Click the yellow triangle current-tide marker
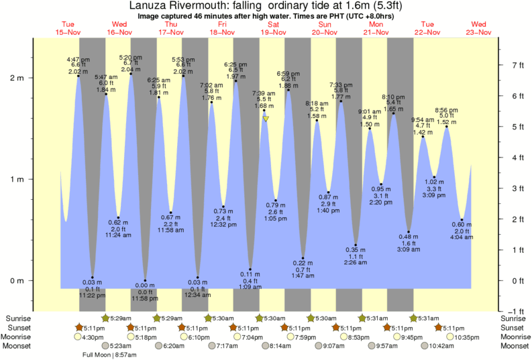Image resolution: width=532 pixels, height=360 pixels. (x=266, y=119)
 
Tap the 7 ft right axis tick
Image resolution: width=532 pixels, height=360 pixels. (x=517, y=66)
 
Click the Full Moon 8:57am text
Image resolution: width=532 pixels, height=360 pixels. (x=110, y=355)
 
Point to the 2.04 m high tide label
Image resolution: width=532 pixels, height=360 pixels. (x=130, y=69)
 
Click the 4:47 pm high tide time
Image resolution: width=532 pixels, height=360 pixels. (x=78, y=59)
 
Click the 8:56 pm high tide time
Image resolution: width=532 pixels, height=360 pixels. (x=447, y=110)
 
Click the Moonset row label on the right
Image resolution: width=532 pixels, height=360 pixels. (x=515, y=347)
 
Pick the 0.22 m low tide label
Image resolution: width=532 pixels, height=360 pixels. (x=303, y=262)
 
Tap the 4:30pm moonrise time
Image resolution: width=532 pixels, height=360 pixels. (x=95, y=337)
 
